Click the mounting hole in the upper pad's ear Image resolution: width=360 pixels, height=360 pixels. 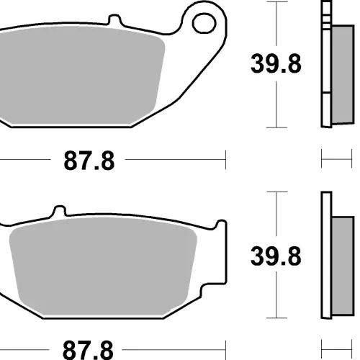204,23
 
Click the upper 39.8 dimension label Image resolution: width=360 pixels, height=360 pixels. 276,64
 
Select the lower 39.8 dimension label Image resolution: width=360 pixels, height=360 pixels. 276,256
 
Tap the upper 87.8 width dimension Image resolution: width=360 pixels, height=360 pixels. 89,161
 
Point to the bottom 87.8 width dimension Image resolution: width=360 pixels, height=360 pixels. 88,350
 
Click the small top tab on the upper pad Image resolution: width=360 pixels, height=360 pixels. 114,19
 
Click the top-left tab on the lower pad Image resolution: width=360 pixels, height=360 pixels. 59,211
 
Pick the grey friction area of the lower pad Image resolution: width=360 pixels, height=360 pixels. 103,266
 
